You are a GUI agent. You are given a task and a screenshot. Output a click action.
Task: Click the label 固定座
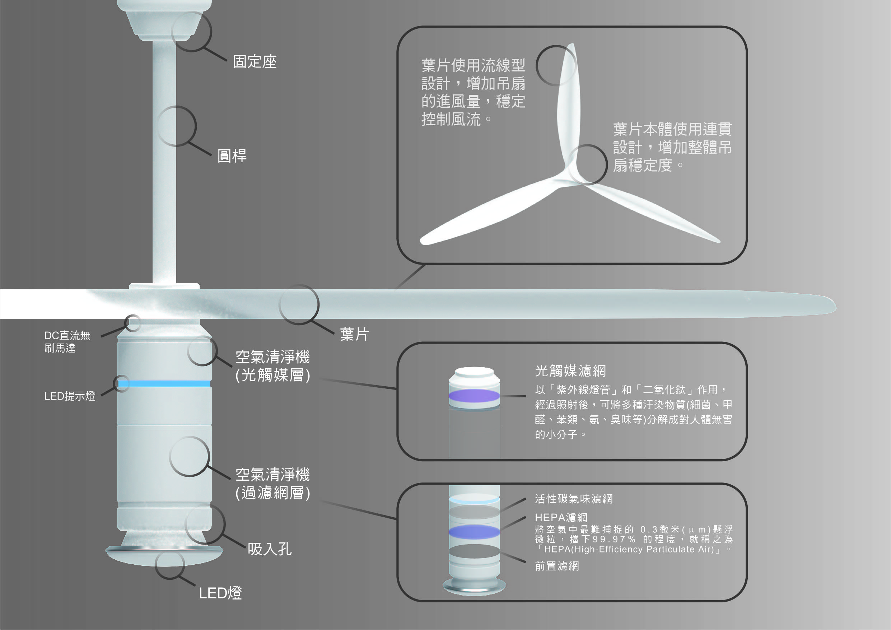point(255,62)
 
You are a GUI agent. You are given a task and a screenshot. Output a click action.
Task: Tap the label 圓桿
point(232,156)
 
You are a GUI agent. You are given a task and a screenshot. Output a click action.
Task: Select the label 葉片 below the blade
point(354,334)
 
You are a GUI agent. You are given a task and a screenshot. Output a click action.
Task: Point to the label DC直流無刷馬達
point(67,342)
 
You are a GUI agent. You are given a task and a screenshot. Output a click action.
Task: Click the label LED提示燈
point(70,396)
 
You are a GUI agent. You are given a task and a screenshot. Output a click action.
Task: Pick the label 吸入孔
point(270,549)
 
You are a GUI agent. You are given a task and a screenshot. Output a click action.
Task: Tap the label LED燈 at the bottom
point(220,593)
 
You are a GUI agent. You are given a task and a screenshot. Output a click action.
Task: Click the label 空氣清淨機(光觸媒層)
point(272,366)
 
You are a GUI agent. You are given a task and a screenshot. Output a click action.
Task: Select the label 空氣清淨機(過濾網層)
point(272,483)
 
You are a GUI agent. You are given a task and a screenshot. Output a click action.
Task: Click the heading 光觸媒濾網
point(570,371)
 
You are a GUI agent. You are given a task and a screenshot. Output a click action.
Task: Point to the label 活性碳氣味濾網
point(574,499)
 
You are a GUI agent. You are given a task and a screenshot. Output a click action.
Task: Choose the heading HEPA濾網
point(561,517)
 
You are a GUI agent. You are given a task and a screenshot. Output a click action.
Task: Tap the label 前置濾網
point(557,566)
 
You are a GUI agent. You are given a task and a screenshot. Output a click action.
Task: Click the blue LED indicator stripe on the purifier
point(164,383)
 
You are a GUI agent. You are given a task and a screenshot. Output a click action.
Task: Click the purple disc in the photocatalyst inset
point(474,396)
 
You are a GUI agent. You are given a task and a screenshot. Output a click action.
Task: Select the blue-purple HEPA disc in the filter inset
point(474,531)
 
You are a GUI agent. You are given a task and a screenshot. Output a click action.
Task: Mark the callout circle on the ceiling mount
point(191,32)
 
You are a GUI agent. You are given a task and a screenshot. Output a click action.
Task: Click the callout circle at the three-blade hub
point(588,164)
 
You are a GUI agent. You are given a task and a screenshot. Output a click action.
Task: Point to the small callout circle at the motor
point(132,323)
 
